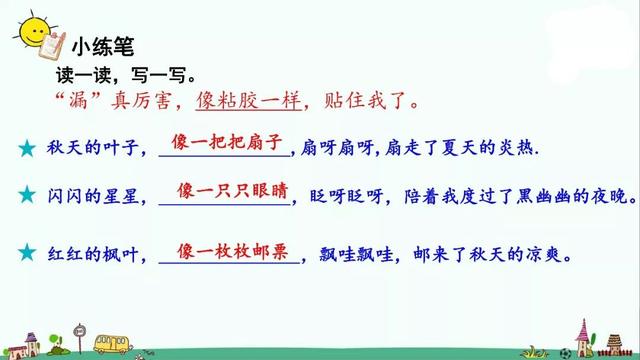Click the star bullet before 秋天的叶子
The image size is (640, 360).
coord(26,148)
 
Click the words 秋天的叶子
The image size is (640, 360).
coord(97,148)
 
